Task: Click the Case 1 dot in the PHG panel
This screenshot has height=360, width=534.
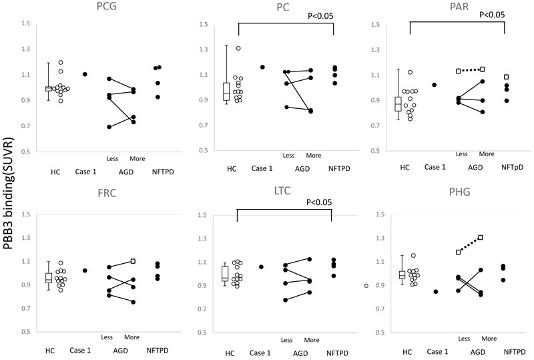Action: click(436, 291)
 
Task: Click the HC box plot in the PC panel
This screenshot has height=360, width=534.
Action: click(226, 92)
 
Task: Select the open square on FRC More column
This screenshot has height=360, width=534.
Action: click(133, 261)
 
